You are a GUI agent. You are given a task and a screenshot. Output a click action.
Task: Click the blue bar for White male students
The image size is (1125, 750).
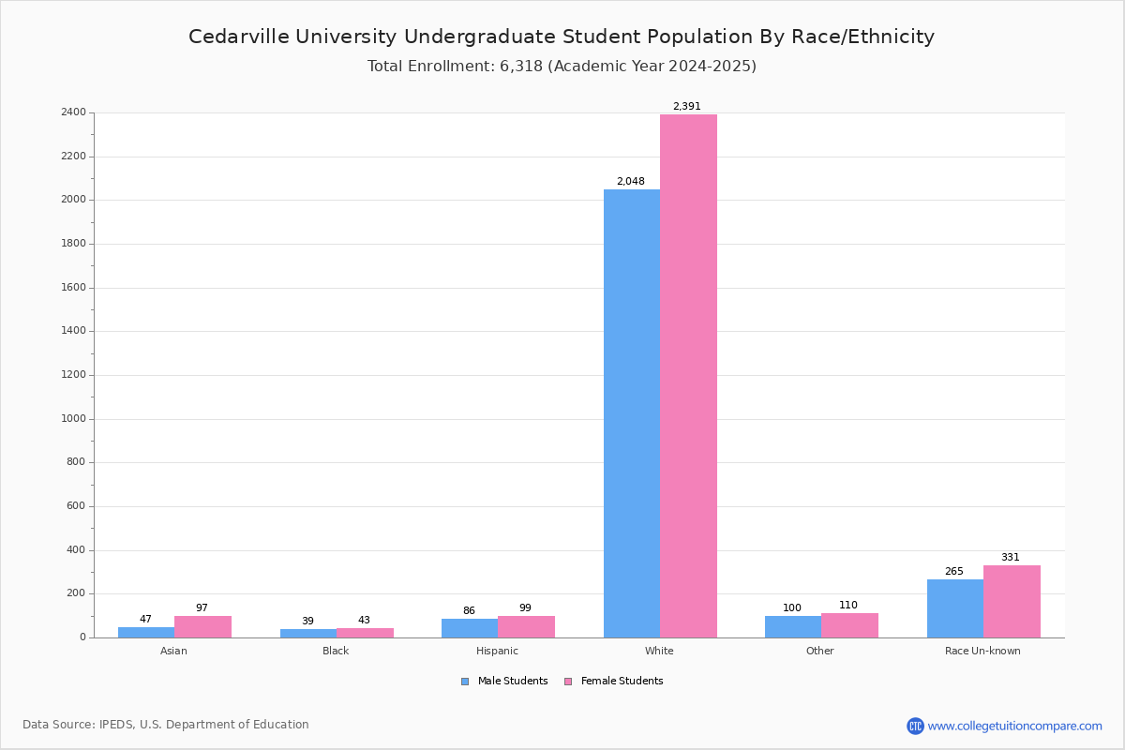(x=632, y=413)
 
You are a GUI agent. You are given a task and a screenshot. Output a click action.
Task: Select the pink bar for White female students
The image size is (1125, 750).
(x=688, y=376)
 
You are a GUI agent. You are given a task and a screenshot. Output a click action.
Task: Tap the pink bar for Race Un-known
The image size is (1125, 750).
(x=1012, y=602)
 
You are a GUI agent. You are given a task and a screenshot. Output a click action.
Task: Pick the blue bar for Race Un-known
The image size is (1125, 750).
(x=955, y=608)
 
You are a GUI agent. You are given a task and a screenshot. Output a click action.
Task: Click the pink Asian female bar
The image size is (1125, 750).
(x=202, y=627)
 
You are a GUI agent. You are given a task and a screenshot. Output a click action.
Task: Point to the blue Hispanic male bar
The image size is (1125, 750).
(x=470, y=628)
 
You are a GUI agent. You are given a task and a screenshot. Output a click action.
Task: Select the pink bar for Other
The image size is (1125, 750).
(x=849, y=625)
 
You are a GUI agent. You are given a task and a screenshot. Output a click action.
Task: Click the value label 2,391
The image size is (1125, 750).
(x=686, y=106)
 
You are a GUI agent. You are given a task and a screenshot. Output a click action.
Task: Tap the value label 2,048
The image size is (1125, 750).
(x=630, y=181)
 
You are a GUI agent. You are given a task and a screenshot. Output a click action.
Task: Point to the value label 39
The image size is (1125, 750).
(x=307, y=621)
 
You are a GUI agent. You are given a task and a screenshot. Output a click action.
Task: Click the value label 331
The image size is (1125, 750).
(x=1011, y=557)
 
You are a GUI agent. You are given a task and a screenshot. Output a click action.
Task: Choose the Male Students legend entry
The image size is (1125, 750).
(x=504, y=682)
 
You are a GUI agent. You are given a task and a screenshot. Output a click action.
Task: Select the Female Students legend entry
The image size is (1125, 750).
(x=614, y=682)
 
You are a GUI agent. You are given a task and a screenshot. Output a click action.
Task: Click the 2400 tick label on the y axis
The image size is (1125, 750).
(x=74, y=112)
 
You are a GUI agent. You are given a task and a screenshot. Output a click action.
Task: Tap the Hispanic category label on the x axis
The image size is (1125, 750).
(x=497, y=651)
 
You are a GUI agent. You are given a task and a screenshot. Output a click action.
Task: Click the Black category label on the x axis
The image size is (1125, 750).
(x=336, y=651)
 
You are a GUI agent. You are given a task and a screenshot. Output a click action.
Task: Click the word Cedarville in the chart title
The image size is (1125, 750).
(x=239, y=37)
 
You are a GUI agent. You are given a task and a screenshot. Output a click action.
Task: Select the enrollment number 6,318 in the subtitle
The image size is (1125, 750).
(x=521, y=66)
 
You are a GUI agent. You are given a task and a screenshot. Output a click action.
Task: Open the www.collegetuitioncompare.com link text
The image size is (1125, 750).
(x=1014, y=726)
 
